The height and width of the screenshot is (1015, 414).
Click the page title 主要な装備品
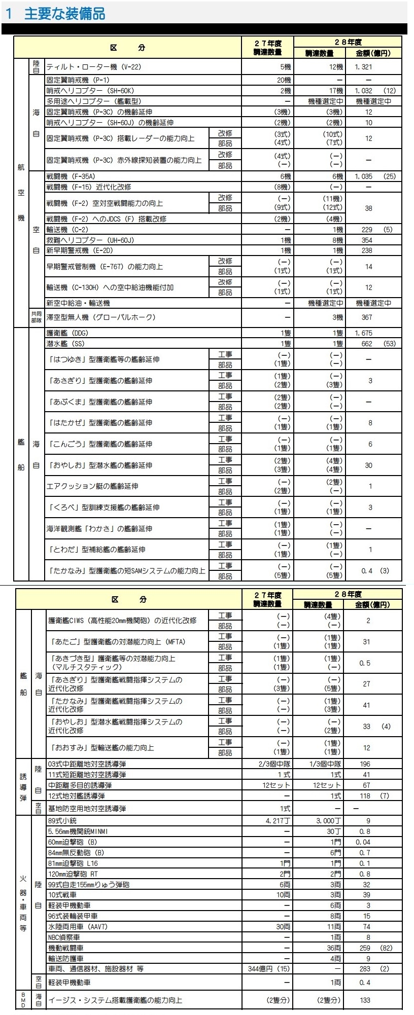click(64, 13)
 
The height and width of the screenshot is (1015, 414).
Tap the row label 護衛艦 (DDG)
click(67, 333)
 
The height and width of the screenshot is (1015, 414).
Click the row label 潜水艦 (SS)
click(65, 344)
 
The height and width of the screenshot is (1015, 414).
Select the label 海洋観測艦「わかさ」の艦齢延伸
click(99, 529)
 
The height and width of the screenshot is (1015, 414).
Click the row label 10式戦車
click(62, 895)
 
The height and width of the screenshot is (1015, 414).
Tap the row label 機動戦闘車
click(66, 948)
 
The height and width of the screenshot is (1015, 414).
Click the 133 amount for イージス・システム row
click(365, 1000)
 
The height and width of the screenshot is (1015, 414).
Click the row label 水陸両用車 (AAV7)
click(78, 926)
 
